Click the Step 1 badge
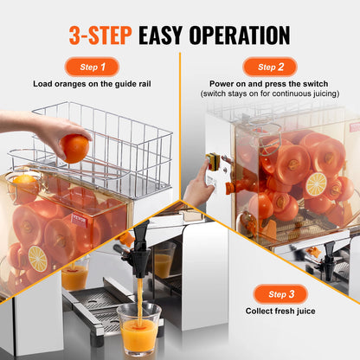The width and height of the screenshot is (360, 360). click(93, 67)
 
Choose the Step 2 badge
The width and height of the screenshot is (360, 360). click(269, 67)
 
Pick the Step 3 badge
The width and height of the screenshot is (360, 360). click(280, 294)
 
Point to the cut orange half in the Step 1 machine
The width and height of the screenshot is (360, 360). click(38, 257)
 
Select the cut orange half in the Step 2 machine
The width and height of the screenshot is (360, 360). click(315, 184)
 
